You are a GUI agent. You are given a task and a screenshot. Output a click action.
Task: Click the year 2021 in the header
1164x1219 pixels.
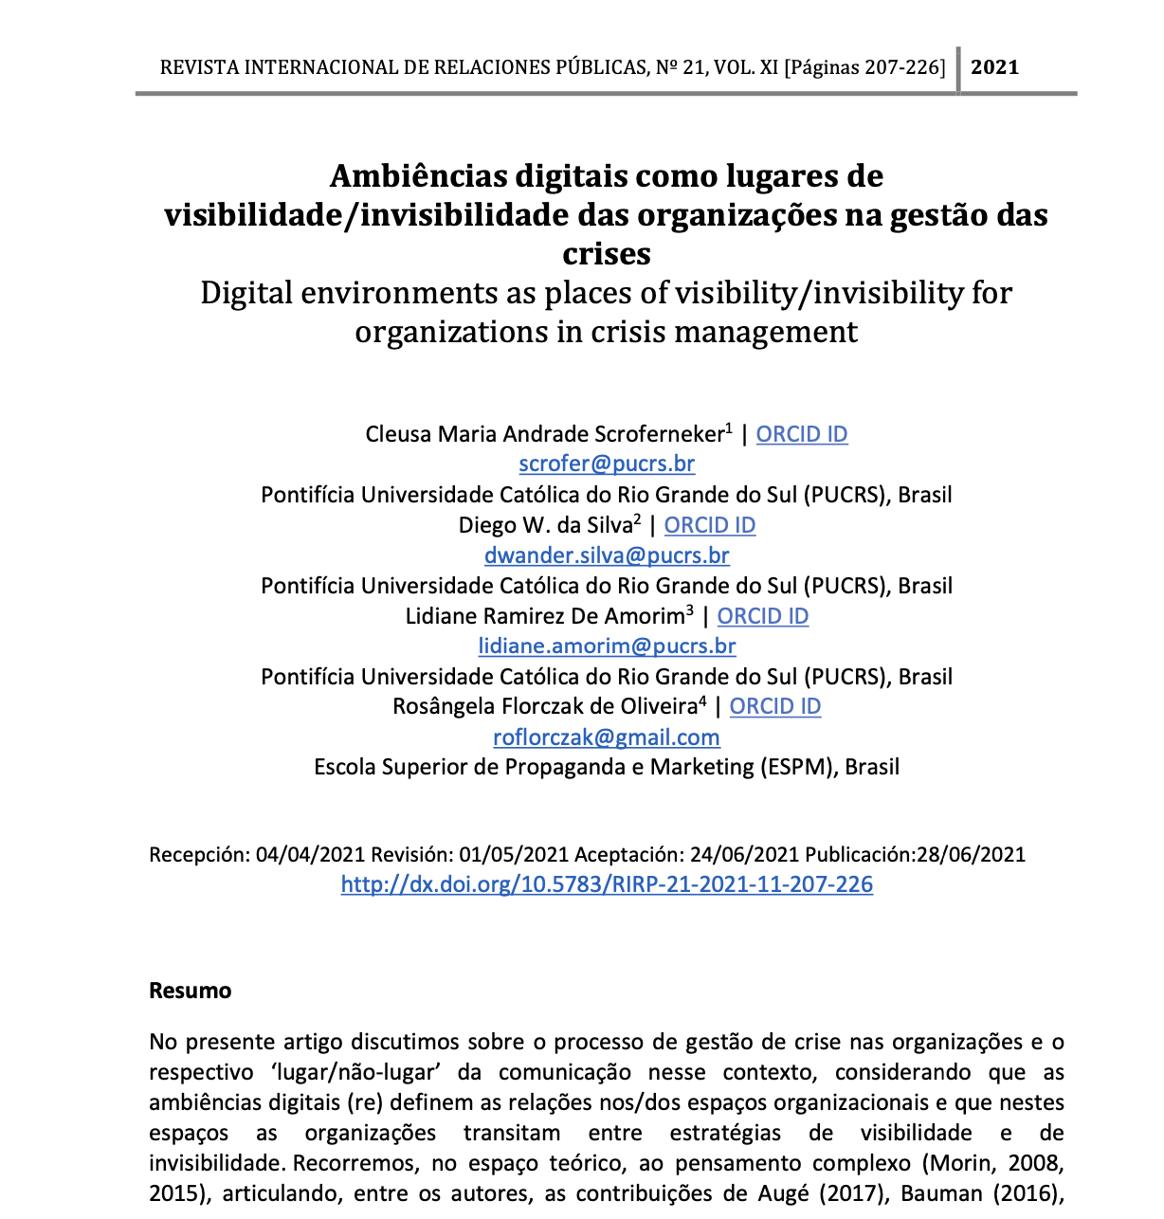click(x=995, y=67)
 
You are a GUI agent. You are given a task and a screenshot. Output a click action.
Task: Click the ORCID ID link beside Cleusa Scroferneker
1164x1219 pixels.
click(x=802, y=434)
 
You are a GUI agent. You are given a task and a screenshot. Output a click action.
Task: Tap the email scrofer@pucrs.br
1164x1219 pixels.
click(x=607, y=464)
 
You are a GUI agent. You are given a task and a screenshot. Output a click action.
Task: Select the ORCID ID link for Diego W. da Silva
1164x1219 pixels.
click(x=710, y=525)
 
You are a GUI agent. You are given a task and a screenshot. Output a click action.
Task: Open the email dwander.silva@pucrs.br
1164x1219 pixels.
click(x=607, y=555)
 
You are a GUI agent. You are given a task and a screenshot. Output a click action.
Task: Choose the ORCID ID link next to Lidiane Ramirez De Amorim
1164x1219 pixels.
click(x=763, y=616)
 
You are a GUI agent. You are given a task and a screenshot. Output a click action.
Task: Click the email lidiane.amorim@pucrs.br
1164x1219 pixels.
click(x=607, y=646)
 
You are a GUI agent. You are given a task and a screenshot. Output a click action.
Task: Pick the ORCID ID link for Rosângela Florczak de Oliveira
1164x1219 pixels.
click(x=775, y=706)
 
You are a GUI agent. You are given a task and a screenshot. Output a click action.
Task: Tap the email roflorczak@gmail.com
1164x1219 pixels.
click(x=607, y=737)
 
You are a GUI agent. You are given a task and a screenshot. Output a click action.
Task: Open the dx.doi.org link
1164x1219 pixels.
click(x=607, y=884)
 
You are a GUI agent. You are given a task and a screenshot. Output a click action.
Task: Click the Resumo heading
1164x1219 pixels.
click(x=191, y=991)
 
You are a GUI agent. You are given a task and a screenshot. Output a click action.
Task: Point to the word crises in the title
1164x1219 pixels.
click(x=607, y=254)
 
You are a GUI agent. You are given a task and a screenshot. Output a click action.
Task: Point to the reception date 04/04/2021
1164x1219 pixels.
click(x=310, y=855)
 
